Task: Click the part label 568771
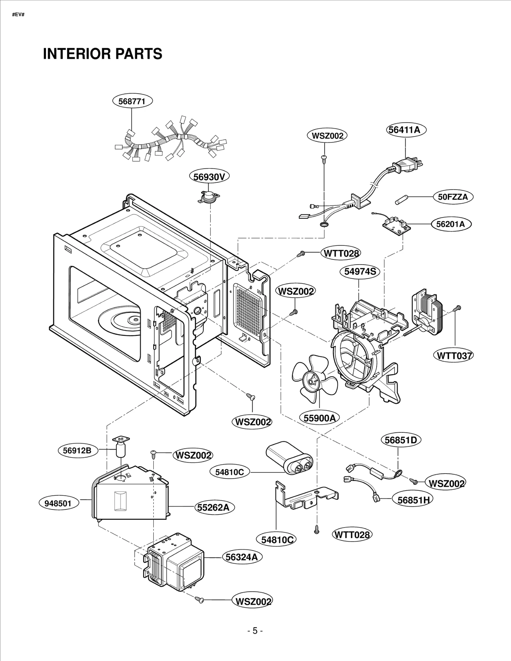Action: tap(132, 101)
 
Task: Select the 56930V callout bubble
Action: tap(209, 177)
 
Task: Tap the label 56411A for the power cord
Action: tap(406, 130)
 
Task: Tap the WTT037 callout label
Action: tap(453, 355)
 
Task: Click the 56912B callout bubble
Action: tap(78, 450)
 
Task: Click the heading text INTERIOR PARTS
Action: tap(103, 54)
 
